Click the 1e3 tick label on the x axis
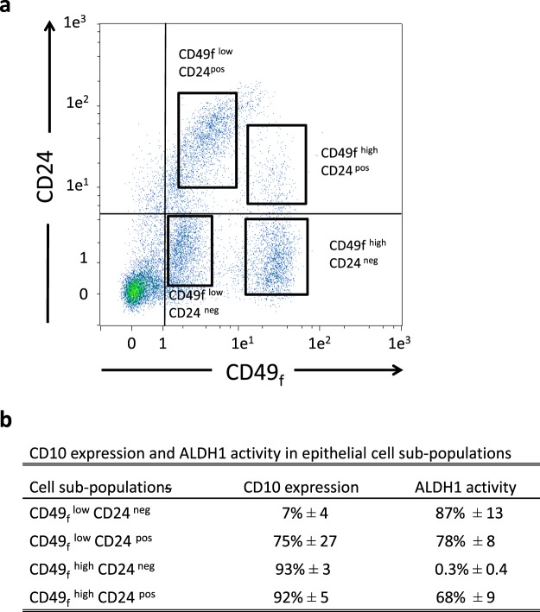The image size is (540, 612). coord(398,342)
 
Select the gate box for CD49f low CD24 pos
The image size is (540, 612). coord(207,139)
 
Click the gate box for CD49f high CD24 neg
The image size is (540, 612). coord(276,256)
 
